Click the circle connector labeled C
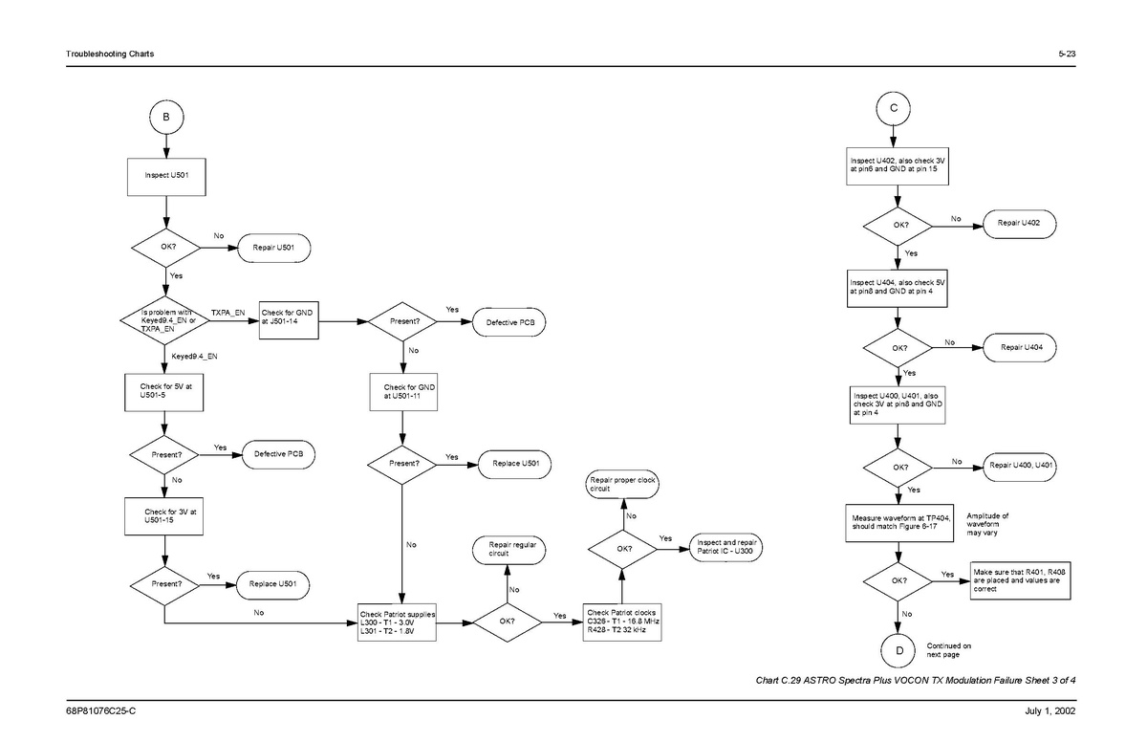(x=893, y=108)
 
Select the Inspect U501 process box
(x=167, y=176)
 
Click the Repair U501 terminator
(x=274, y=249)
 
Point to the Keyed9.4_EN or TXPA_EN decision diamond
(x=166, y=320)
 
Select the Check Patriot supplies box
(x=398, y=621)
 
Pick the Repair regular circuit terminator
(x=512, y=550)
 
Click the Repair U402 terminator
(x=1019, y=224)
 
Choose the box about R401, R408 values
(x=1019, y=578)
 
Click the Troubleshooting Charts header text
(x=106, y=53)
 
